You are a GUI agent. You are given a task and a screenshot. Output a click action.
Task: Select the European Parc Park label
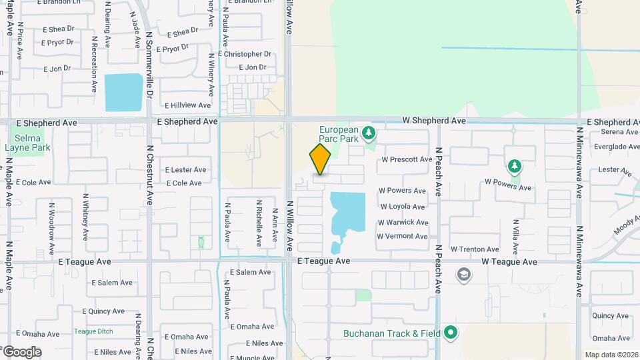click(339, 134)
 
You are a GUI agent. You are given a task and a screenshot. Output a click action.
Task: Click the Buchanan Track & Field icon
click(451, 332)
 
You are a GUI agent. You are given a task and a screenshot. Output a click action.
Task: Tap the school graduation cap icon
click(463, 275)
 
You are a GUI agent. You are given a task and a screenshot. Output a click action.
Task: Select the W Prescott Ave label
click(407, 159)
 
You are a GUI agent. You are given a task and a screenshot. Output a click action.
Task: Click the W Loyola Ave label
click(402, 207)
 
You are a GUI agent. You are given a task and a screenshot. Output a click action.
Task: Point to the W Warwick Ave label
click(403, 222)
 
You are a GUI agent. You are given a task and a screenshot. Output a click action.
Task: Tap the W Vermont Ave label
click(402, 236)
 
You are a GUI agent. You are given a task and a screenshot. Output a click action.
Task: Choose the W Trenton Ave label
click(475, 249)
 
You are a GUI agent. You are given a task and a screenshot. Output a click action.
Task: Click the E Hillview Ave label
click(187, 105)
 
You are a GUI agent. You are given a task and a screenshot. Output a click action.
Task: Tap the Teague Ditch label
click(93, 331)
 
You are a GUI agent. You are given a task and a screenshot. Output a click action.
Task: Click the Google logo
click(21, 352)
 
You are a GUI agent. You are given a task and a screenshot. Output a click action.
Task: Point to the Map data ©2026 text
click(611, 355)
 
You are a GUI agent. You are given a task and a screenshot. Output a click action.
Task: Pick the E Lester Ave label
click(185, 170)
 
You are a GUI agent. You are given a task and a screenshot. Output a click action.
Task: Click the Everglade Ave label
click(616, 147)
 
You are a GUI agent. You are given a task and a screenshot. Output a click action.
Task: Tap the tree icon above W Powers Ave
click(514, 166)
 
